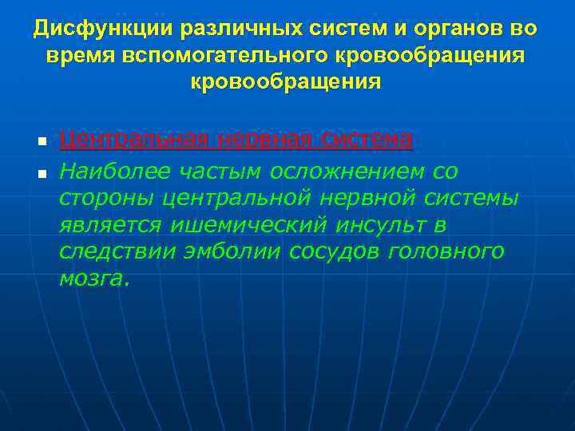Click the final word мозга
93,279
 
